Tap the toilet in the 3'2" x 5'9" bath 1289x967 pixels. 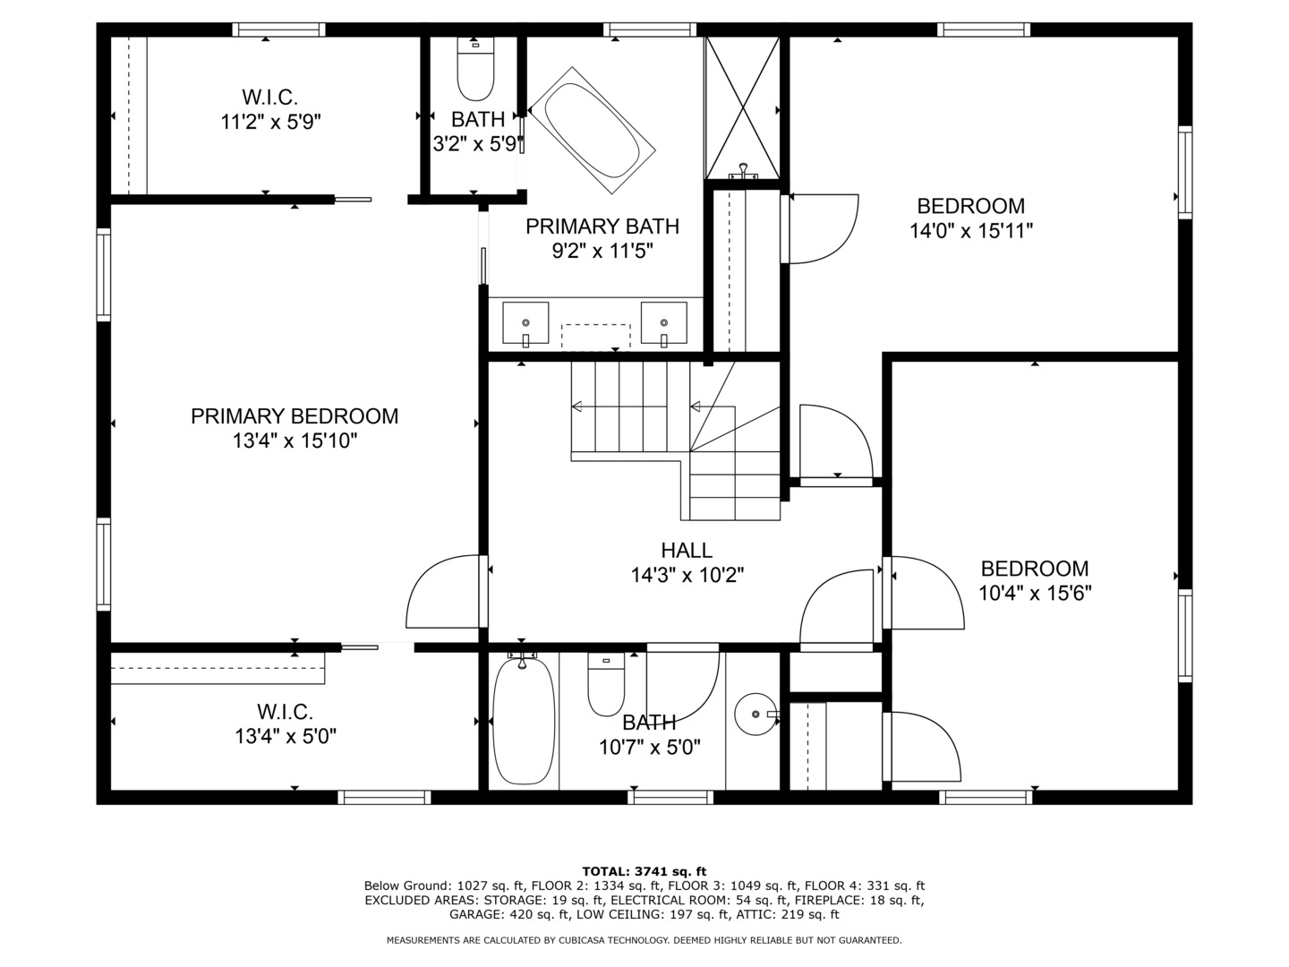point(475,70)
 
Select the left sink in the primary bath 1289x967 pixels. point(525,323)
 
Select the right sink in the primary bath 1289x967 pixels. point(663,323)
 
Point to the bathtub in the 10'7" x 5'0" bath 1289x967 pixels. point(524,721)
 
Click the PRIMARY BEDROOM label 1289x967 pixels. point(295,416)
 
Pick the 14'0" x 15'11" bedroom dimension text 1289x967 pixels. point(971,231)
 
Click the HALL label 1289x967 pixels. point(687,551)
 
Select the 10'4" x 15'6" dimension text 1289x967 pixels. point(1035,593)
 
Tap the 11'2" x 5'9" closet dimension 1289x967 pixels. point(270,122)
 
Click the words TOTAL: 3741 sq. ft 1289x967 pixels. point(644,871)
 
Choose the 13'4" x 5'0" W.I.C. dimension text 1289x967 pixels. point(285,737)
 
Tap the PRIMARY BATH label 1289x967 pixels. point(602,227)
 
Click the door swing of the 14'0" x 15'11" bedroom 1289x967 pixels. point(821,228)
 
